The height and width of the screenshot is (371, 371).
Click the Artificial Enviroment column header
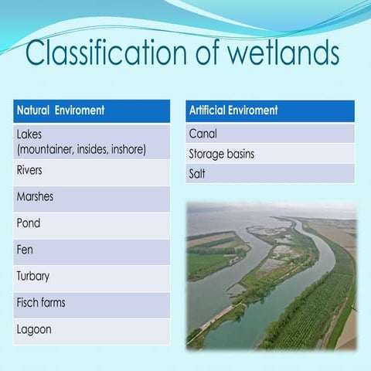pyautogui.click(x=270, y=111)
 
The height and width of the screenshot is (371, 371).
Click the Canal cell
pyautogui.click(x=270, y=134)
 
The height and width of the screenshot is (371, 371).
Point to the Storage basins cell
pyautogui.click(x=270, y=154)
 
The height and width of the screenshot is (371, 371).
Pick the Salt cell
pyautogui.click(x=270, y=174)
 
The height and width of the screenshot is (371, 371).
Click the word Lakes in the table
pyautogui.click(x=31, y=134)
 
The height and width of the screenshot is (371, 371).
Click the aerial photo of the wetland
pyautogui.click(x=271, y=275)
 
